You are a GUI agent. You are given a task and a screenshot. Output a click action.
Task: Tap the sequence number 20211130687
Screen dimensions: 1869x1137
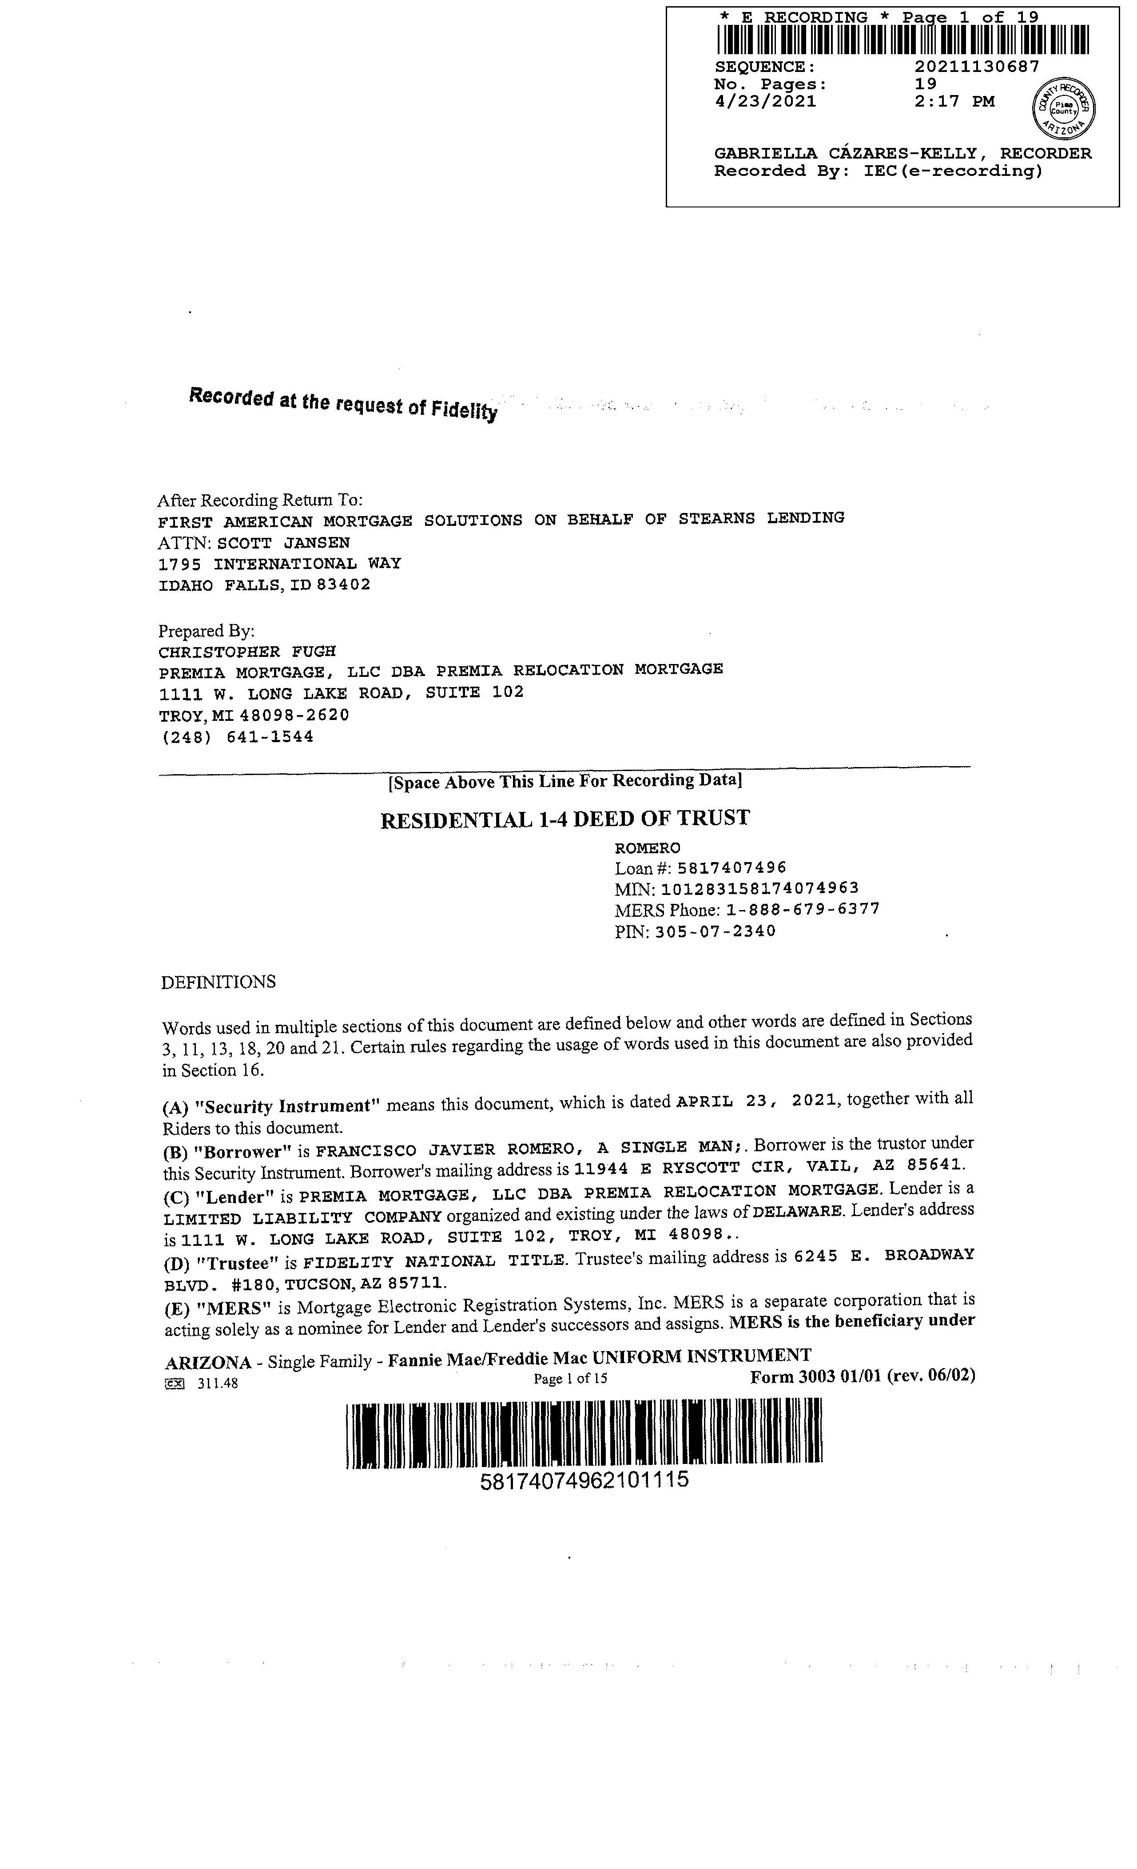click(976, 67)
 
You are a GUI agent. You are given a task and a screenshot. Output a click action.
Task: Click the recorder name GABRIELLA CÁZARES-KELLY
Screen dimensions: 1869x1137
click(845, 153)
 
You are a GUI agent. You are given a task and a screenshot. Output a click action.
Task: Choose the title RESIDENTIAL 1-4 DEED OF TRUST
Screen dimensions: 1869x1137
click(565, 819)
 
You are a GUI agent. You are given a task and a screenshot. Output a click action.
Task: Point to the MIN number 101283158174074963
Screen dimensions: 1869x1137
click(760, 888)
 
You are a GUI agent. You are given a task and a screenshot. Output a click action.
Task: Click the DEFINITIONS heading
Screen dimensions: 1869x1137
click(219, 982)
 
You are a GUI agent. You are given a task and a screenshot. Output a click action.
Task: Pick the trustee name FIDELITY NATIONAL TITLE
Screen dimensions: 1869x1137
click(435, 1261)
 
